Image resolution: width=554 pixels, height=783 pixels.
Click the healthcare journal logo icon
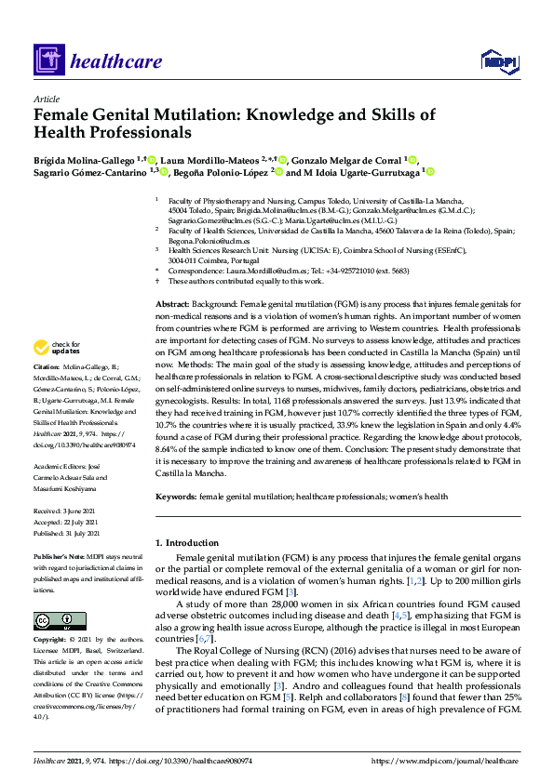pos(47,61)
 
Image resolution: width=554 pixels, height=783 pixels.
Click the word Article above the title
pos(46,99)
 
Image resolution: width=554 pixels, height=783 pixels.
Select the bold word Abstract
pos(171,279)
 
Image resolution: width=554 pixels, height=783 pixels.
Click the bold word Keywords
pos(175,498)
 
